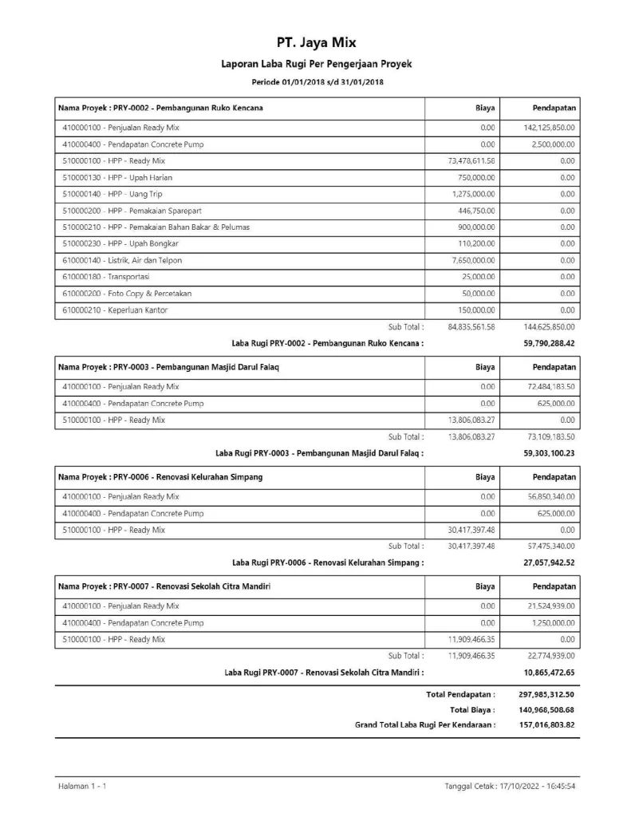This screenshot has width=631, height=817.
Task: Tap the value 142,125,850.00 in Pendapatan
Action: (546, 128)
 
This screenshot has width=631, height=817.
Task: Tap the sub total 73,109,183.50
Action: (548, 436)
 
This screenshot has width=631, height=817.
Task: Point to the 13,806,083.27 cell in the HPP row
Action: (467, 420)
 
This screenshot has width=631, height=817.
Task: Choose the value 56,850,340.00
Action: (548, 496)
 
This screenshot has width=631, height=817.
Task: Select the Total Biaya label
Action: (472, 709)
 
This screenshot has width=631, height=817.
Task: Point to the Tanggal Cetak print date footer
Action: (511, 787)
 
